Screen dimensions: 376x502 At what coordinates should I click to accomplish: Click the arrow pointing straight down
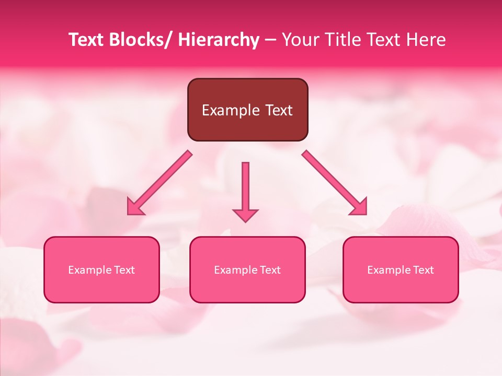pyautogui.click(x=245, y=188)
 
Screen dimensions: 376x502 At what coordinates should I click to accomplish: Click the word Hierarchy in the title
pyautogui.click(x=219, y=40)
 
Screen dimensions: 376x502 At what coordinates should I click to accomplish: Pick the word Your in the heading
pyautogui.click(x=300, y=40)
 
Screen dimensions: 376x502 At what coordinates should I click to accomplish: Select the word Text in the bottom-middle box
pyautogui.click(x=270, y=270)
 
